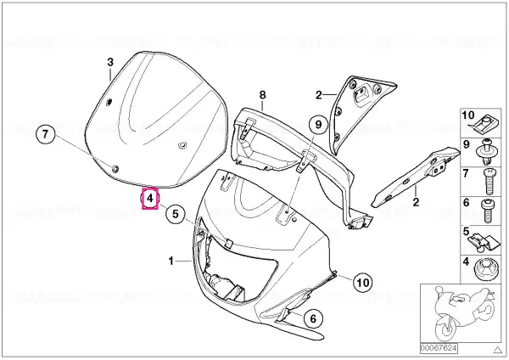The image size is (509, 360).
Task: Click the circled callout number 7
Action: pos(45,133)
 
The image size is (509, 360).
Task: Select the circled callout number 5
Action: pos(176,213)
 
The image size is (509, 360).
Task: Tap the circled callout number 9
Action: pos(318,124)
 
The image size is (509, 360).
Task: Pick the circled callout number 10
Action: pos(363,283)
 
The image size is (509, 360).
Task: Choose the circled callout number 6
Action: pos(312,318)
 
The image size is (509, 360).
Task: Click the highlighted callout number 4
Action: pos(150,198)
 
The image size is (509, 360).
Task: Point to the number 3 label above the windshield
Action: pos(110,62)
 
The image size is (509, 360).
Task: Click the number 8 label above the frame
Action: pos(263,95)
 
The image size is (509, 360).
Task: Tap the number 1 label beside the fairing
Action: pos(171,261)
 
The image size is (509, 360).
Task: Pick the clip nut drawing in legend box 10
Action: pos(483,126)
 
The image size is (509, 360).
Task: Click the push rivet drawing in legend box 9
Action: pos(487,152)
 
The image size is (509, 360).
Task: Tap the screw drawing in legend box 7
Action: pos(489,182)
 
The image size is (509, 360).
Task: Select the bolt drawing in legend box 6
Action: pos(487,211)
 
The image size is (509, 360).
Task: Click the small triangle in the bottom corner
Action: pos(497,350)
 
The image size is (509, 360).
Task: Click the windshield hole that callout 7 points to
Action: pos(115,169)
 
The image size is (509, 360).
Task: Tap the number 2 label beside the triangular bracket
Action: pos(319,95)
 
